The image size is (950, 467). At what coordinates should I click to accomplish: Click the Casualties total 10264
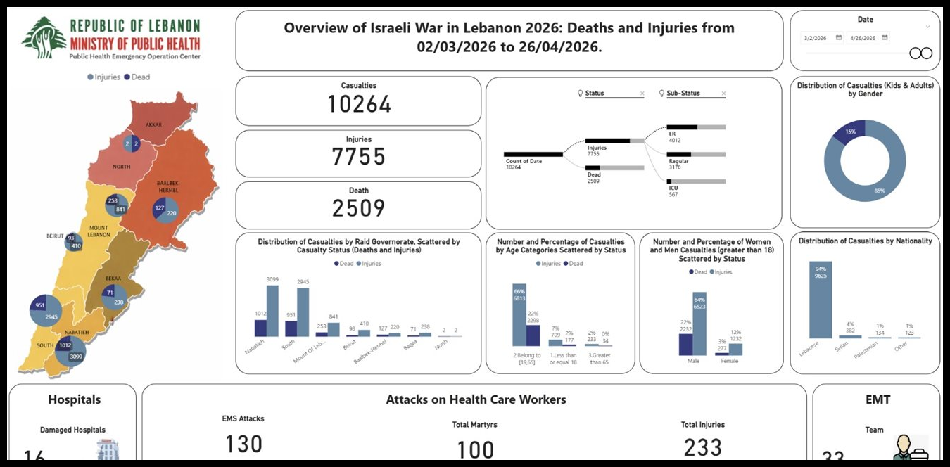point(359,104)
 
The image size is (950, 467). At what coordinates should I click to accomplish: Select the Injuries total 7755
point(359,156)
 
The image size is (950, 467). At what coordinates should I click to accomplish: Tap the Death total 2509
point(359,207)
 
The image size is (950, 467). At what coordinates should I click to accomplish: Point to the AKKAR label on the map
point(153,125)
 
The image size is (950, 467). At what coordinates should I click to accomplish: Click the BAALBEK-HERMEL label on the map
point(167,186)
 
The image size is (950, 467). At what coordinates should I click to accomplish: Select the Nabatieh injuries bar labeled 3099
point(272,311)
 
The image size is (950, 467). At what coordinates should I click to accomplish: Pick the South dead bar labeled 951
point(291,328)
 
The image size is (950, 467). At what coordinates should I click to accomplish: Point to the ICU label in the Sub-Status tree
point(673,188)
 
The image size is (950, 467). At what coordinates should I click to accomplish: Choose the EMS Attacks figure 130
point(243,444)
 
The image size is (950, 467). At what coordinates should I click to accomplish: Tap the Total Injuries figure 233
point(702,447)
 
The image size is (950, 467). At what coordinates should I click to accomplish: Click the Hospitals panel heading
point(74,399)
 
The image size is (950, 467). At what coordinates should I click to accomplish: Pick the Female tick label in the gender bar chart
point(729,362)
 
